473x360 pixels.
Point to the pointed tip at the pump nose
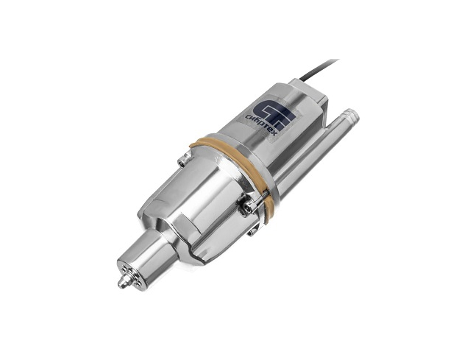coord(122,283)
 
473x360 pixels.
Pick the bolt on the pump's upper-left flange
coord(182,160)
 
